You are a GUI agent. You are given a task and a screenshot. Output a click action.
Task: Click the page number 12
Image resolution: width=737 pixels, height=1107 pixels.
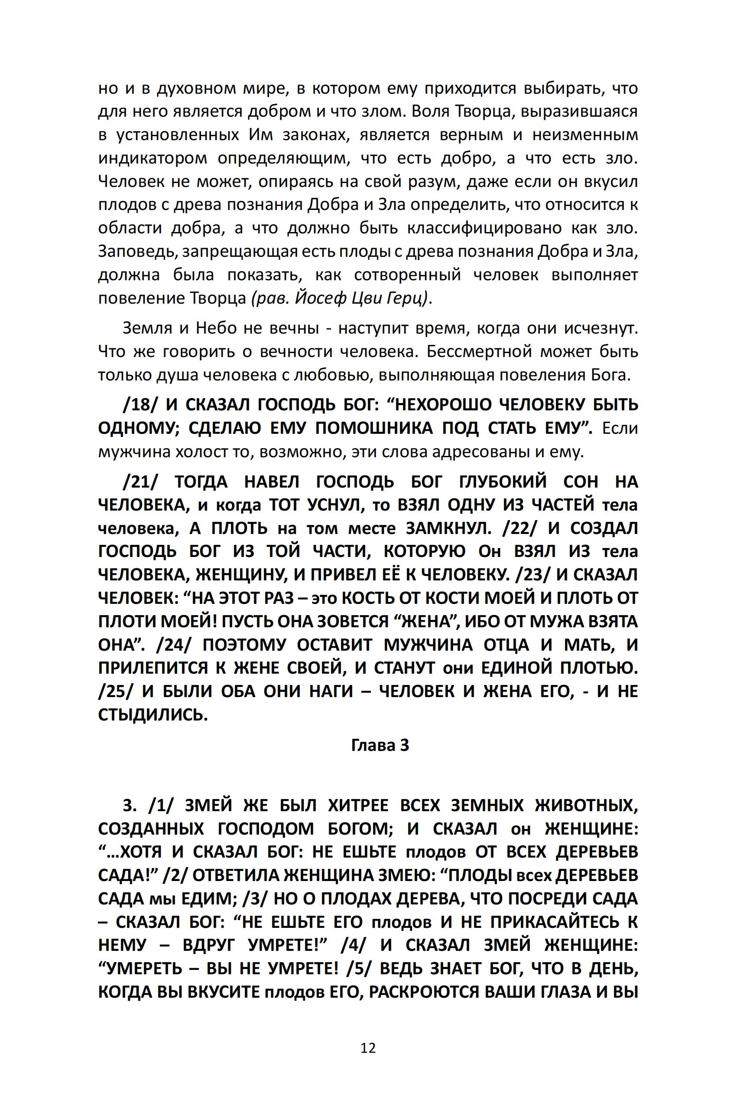pos(368,1048)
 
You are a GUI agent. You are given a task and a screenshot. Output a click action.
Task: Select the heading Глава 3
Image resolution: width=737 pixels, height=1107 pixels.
pos(380,745)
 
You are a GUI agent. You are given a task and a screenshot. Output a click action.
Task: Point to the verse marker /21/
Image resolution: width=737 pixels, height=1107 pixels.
pos(142,481)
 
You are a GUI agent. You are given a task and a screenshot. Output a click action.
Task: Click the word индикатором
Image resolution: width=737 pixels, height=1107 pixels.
pos(152,158)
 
